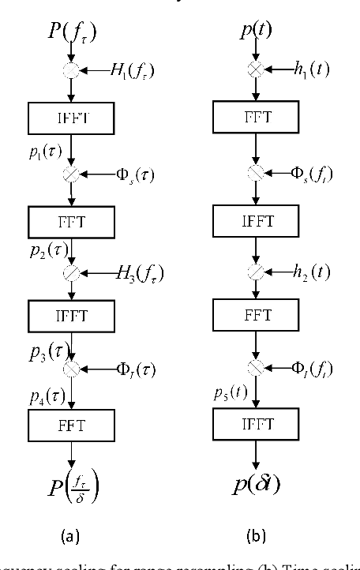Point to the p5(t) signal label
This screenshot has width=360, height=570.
pos(229,392)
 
